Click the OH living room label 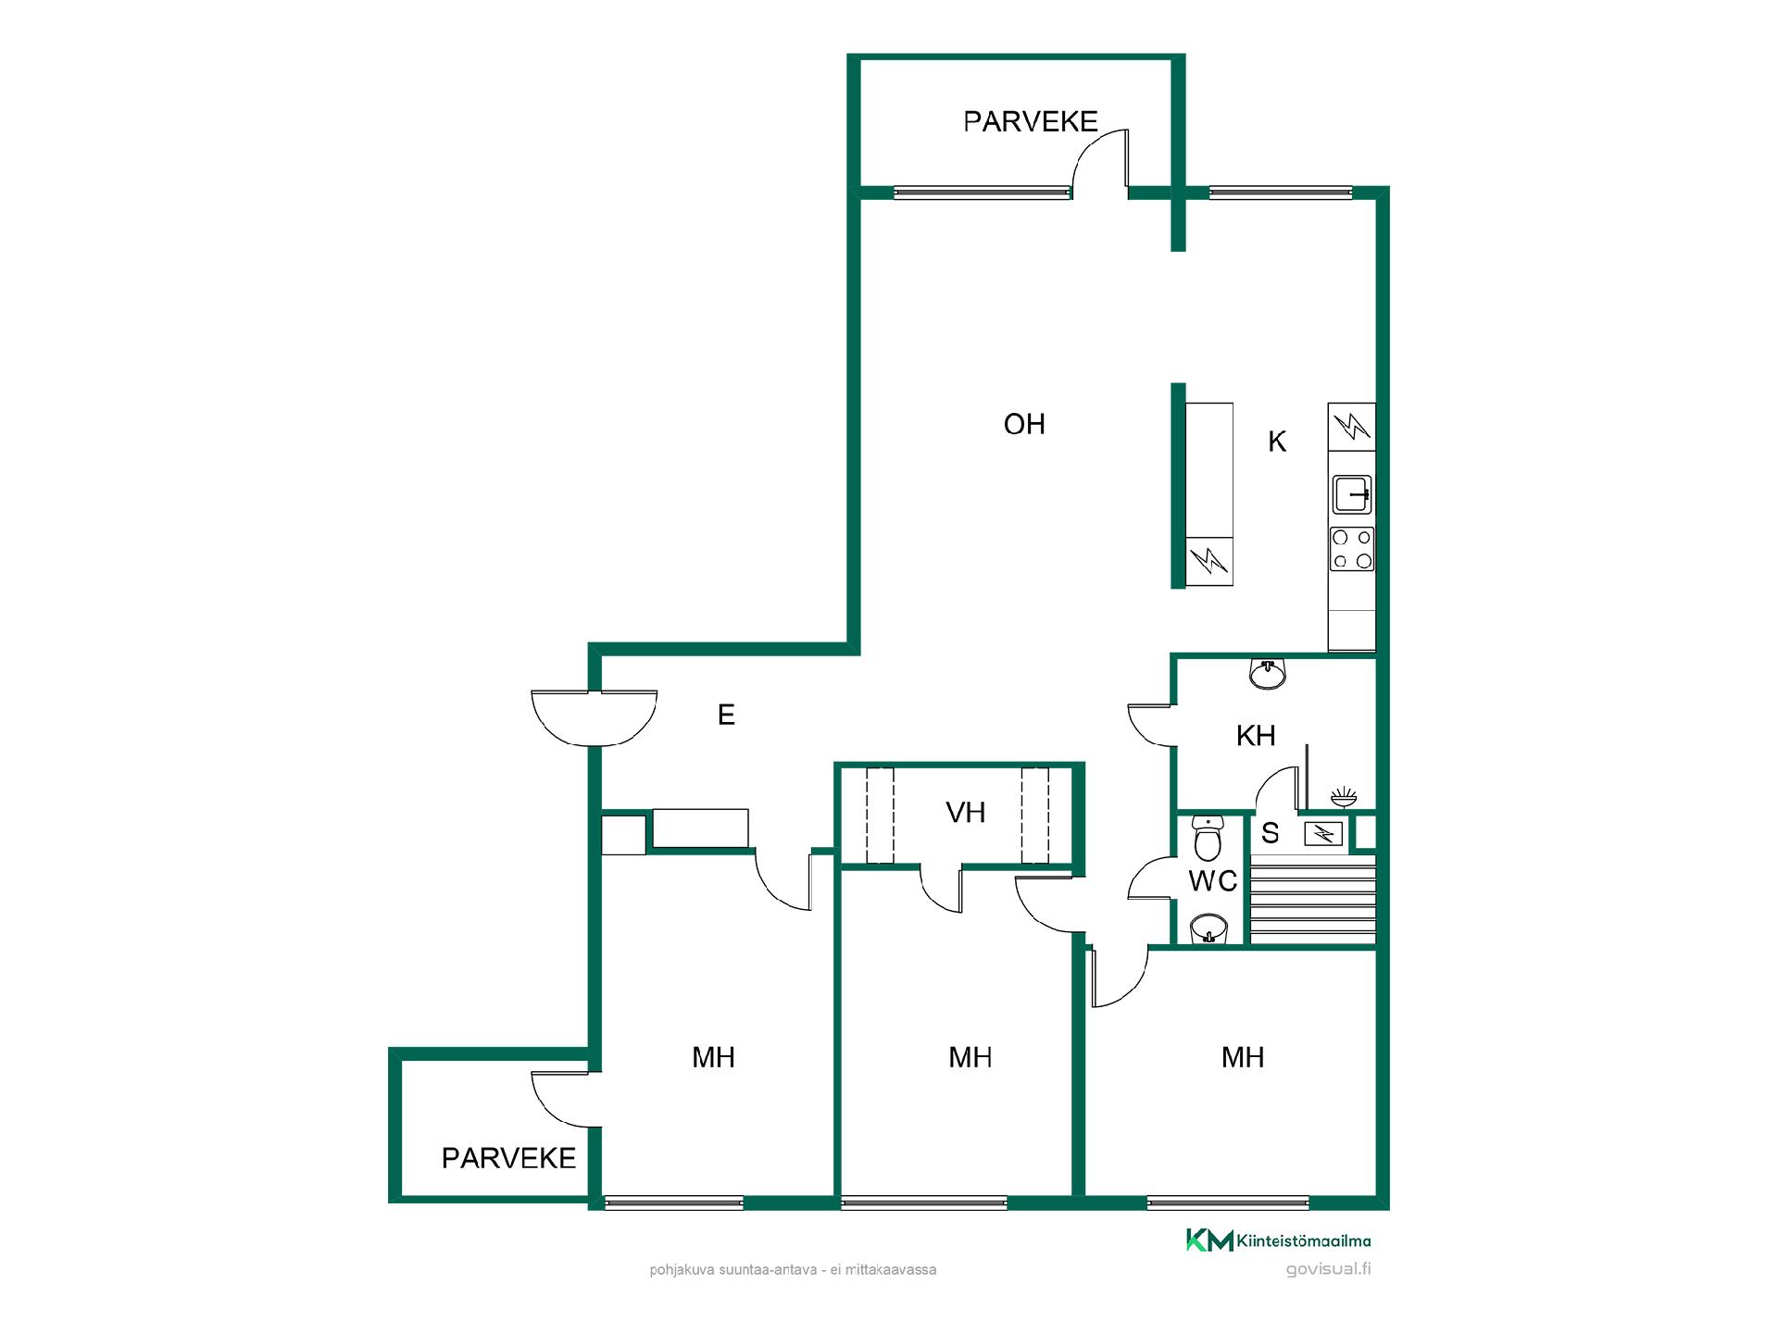point(1024,424)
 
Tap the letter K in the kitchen point(1277,442)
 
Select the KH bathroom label point(1256,736)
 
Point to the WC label point(1213,881)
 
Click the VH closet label point(966,813)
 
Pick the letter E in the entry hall point(726,715)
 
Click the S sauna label point(1271,833)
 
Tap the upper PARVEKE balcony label point(1031,121)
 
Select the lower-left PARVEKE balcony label point(508,1158)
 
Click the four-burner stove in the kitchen point(1352,549)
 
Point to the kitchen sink point(1352,494)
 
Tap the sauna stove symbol point(1324,834)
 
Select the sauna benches point(1312,899)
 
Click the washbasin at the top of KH point(1267,674)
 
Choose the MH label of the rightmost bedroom point(1243,1057)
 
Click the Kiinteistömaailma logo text point(1304,1241)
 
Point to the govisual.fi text point(1329,1269)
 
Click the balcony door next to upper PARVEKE point(1100,163)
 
